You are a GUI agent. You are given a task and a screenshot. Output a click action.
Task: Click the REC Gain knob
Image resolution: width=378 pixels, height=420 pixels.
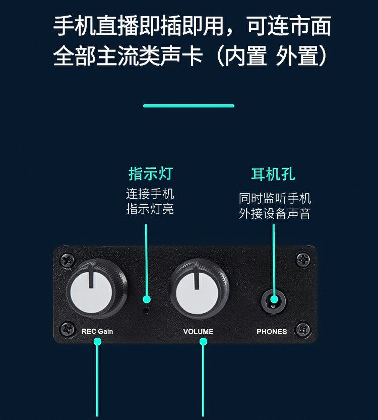pyautogui.click(x=96, y=288)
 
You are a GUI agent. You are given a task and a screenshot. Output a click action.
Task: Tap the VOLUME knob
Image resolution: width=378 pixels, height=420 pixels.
pyautogui.click(x=199, y=288)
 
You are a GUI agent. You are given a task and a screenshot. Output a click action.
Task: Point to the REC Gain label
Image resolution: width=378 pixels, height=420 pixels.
pyautogui.click(x=97, y=331)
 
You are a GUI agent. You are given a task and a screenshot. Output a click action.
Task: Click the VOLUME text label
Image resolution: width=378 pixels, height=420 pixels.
pyautogui.click(x=198, y=331)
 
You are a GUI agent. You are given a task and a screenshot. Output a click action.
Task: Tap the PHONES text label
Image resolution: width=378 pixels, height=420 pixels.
pyautogui.click(x=272, y=331)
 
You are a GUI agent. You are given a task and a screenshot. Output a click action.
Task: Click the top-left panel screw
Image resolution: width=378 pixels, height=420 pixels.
pyautogui.click(x=68, y=260)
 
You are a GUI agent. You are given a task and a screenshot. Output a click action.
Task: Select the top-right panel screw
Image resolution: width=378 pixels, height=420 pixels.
pyautogui.click(x=303, y=260)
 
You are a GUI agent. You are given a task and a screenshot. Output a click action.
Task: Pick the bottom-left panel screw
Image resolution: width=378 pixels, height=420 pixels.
pyautogui.click(x=67, y=329)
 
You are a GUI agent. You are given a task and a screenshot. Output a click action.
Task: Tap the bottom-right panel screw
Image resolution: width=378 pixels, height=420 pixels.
pyautogui.click(x=303, y=329)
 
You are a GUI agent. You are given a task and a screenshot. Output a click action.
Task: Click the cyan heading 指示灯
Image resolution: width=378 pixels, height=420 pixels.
pyautogui.click(x=150, y=173)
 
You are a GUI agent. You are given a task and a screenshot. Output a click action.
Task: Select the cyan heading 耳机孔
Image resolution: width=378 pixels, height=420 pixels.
pyautogui.click(x=273, y=174)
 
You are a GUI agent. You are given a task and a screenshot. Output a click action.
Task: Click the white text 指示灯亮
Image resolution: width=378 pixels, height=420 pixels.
pyautogui.click(x=150, y=209)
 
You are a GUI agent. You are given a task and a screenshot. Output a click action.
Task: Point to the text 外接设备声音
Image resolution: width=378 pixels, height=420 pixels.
pyautogui.click(x=275, y=213)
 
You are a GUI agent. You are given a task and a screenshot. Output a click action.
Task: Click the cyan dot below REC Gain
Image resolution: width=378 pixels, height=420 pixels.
pyautogui.click(x=97, y=342)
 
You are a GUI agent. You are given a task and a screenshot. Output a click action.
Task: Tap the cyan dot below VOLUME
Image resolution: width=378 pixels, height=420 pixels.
pyautogui.click(x=204, y=342)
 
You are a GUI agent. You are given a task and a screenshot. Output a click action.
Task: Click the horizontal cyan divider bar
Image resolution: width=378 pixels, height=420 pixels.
pyautogui.click(x=188, y=106)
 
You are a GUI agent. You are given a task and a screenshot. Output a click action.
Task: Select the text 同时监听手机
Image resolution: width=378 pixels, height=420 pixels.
pyautogui.click(x=275, y=198)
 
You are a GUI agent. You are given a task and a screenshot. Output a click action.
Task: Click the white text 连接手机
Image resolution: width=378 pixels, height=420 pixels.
pyautogui.click(x=150, y=194)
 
